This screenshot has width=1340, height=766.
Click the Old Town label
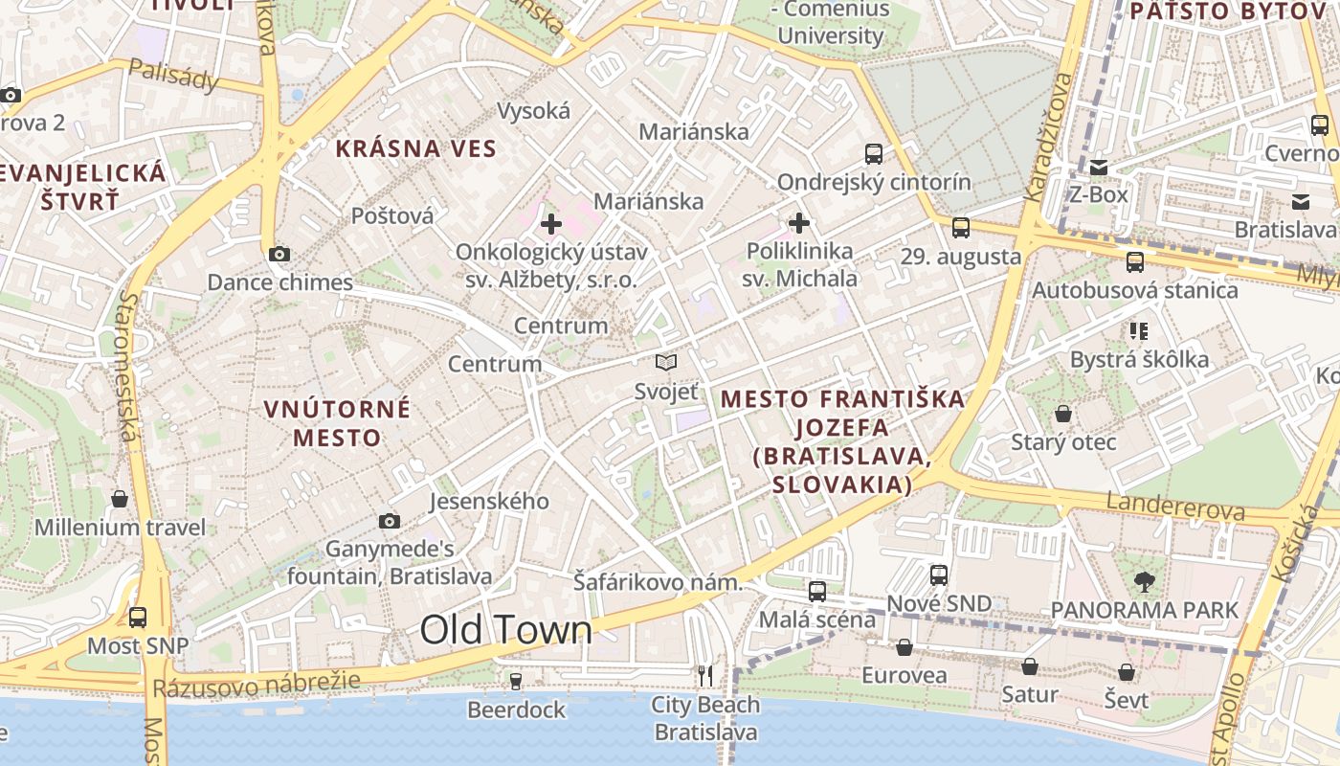pyautogui.click(x=506, y=630)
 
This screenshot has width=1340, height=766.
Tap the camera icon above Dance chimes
pyautogui.click(x=279, y=254)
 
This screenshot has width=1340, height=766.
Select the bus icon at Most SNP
pyautogui.click(x=138, y=618)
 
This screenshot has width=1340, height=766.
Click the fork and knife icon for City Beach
pyautogui.click(x=705, y=676)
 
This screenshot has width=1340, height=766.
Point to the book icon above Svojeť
pyautogui.click(x=666, y=362)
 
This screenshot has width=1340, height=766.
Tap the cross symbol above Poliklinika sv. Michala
pyautogui.click(x=799, y=224)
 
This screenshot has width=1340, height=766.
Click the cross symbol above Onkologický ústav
pyautogui.click(x=551, y=225)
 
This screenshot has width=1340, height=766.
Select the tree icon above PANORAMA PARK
pyautogui.click(x=1144, y=580)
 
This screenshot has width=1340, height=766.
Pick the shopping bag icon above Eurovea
pyautogui.click(x=904, y=648)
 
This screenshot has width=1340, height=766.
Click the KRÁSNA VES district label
pyautogui.click(x=416, y=148)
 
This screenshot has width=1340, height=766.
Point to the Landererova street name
pyautogui.click(x=1175, y=506)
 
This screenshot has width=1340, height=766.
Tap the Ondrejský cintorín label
pyautogui.click(x=874, y=182)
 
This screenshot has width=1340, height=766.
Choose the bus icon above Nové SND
pyautogui.click(x=939, y=574)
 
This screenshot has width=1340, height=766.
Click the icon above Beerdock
pyautogui.click(x=516, y=681)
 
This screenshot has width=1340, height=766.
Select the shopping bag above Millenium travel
pyautogui.click(x=120, y=499)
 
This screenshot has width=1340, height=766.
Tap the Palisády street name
pyautogui.click(x=173, y=75)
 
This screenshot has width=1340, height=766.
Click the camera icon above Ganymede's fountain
pyautogui.click(x=389, y=521)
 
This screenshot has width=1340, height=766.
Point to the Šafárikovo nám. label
pyautogui.click(x=659, y=581)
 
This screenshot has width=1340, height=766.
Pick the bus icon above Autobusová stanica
pyautogui.click(x=1135, y=261)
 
